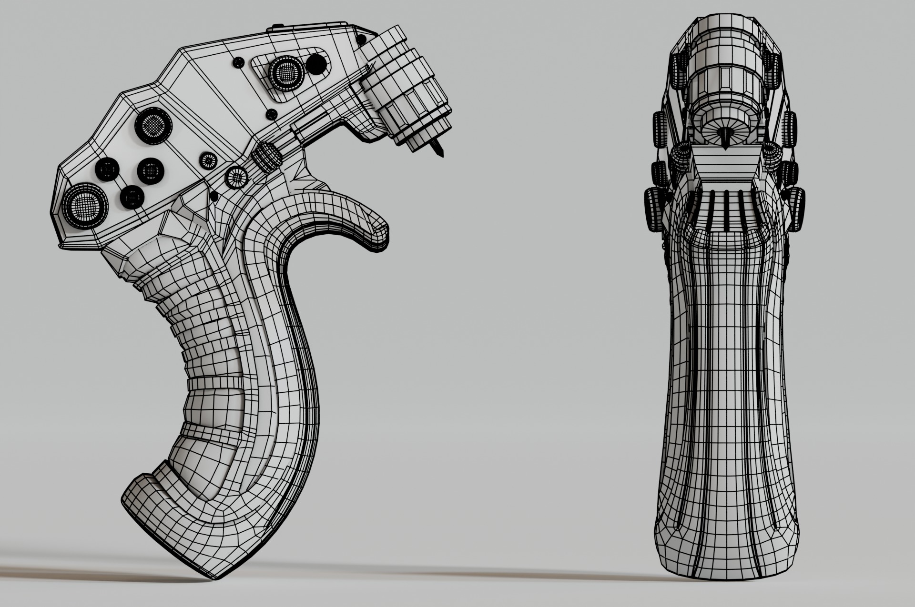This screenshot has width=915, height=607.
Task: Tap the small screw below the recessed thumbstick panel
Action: [x=271, y=114]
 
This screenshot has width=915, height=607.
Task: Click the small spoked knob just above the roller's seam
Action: [x=208, y=160]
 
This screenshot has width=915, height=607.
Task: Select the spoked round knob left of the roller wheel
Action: [x=236, y=178]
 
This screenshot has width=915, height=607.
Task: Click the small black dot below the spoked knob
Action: [x=213, y=196]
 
